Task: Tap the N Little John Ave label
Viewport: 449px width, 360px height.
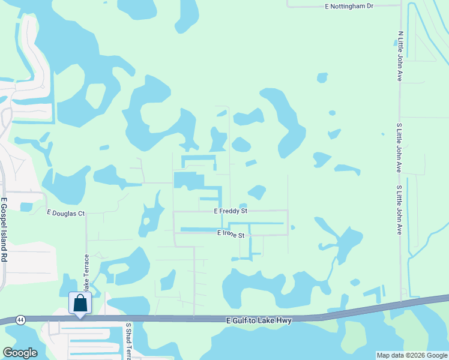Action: pyautogui.click(x=400, y=56)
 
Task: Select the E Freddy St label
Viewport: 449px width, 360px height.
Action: pyautogui.click(x=231, y=211)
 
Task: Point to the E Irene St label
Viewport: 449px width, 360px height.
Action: pyautogui.click(x=231, y=235)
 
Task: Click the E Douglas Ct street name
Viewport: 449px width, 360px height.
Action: pyautogui.click(x=66, y=213)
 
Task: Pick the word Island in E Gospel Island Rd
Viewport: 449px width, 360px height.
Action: pyautogui.click(x=4, y=241)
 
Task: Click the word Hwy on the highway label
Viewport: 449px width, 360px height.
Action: pyautogui.click(x=284, y=321)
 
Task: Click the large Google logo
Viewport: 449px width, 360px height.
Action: pyautogui.click(x=19, y=353)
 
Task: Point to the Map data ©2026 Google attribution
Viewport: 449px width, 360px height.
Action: pyautogui.click(x=412, y=355)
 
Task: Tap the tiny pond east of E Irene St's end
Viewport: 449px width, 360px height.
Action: pyautogui.click(x=292, y=227)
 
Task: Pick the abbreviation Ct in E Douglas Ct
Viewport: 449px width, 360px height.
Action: pyautogui.click(x=81, y=213)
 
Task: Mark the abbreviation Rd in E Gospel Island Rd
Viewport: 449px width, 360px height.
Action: pyautogui.click(x=4, y=257)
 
